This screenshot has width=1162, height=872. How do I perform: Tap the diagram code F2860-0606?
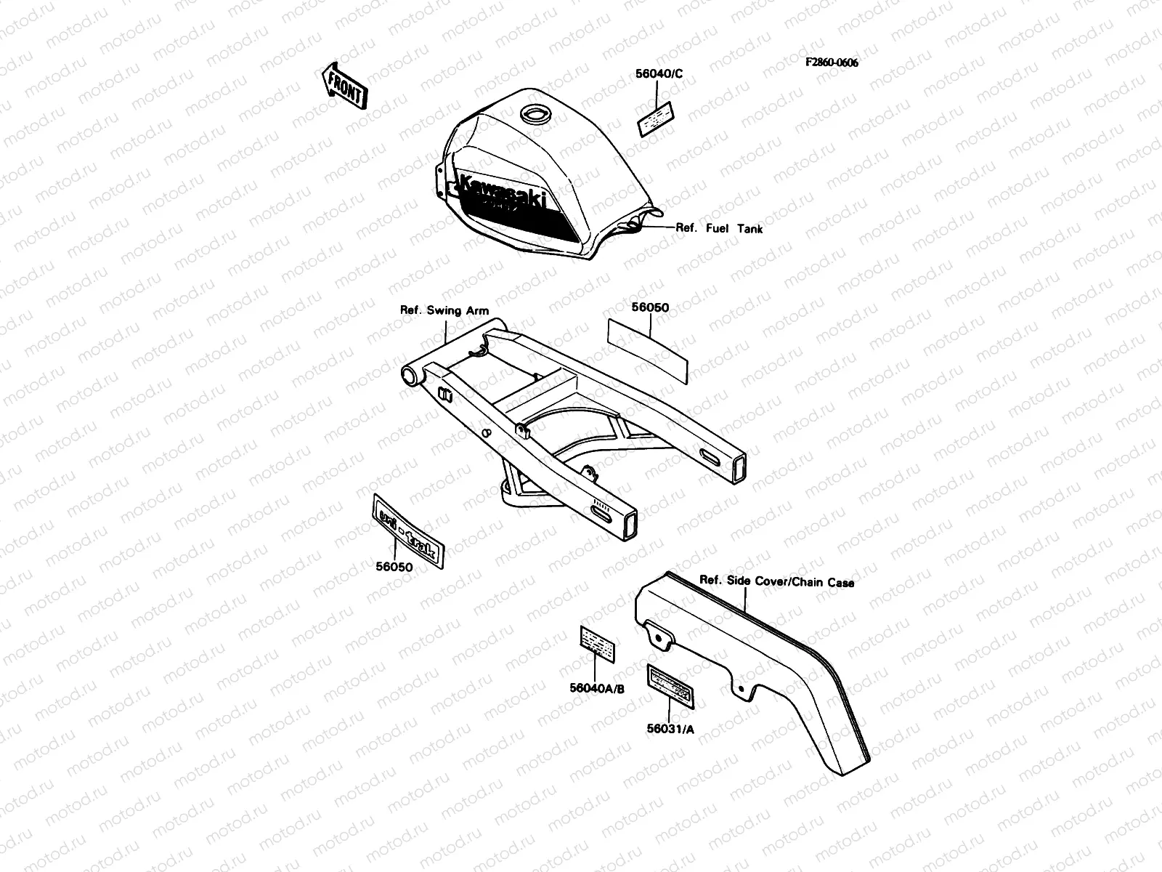pyautogui.click(x=831, y=62)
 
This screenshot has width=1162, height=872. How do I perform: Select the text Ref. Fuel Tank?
pyautogui.click(x=719, y=228)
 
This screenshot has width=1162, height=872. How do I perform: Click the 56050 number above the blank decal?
pyautogui.click(x=650, y=307)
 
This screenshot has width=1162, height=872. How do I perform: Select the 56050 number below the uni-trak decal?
pyautogui.click(x=394, y=567)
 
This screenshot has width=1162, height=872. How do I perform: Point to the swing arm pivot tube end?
pyautogui.click(x=412, y=376)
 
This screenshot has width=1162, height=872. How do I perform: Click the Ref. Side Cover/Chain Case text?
pyautogui.click(x=776, y=581)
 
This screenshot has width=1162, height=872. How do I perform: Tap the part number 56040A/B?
pyautogui.click(x=597, y=688)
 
